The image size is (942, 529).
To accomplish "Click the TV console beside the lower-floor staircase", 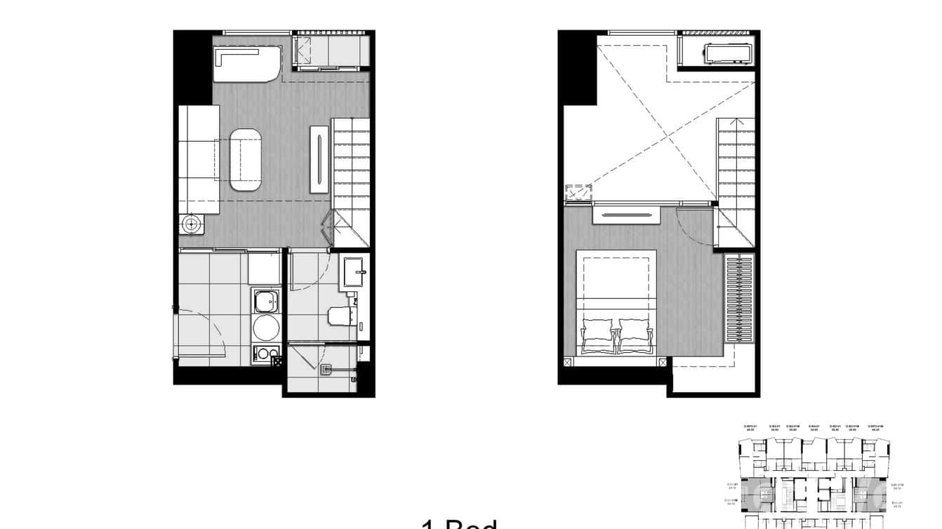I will [320, 159].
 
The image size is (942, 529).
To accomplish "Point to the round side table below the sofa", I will [190, 225].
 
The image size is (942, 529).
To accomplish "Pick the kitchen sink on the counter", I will [265, 302].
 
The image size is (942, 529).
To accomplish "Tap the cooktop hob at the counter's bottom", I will [265, 354].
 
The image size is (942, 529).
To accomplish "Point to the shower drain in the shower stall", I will [326, 368].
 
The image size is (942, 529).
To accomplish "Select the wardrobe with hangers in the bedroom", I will [739, 298].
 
